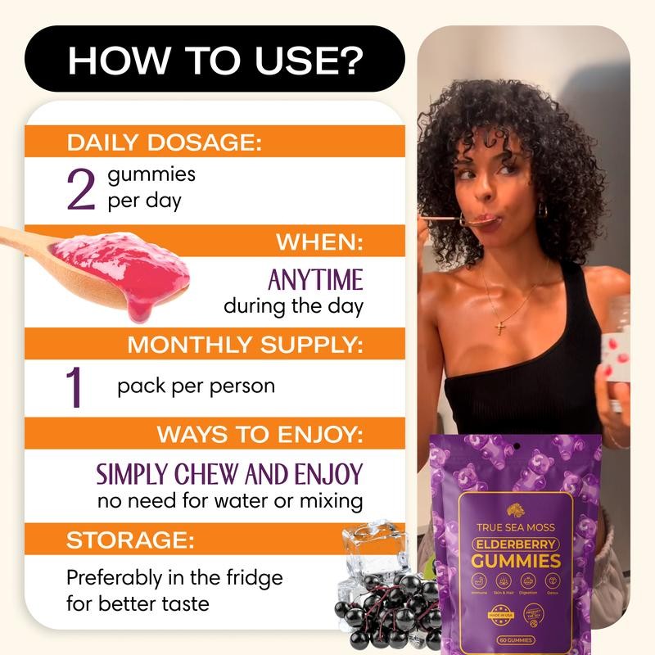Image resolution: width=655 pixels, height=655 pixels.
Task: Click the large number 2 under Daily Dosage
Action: pyautogui.click(x=81, y=189)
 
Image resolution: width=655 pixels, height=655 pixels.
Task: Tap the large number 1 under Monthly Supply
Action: pyautogui.click(x=75, y=387)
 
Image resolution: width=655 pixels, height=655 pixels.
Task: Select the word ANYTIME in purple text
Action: pyautogui.click(x=315, y=281)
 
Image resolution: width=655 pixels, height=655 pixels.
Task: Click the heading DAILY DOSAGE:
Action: pyautogui.click(x=164, y=142)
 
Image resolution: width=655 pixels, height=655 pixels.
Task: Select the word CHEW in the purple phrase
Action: pyautogui.click(x=210, y=474)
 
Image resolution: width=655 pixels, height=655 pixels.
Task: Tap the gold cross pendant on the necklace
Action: pyautogui.click(x=499, y=328)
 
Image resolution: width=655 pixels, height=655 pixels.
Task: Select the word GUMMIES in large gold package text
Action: pyautogui.click(x=516, y=561)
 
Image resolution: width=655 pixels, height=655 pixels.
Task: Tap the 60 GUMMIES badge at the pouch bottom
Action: pyautogui.click(x=516, y=639)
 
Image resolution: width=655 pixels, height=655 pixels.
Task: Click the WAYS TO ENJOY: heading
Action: pyautogui.click(x=260, y=435)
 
